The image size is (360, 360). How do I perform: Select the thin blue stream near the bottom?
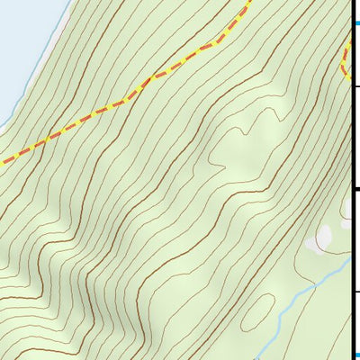297,297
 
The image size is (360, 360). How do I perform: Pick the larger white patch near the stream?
321,238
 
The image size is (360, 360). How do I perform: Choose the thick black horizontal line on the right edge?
355,188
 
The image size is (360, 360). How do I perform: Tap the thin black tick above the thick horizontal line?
355,86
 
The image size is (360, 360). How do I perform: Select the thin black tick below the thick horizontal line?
355,291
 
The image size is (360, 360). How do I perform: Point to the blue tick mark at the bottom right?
355,354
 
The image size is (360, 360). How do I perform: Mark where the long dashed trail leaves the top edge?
247,2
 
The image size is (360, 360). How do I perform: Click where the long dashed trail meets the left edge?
2,163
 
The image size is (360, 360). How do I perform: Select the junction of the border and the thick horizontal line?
351,188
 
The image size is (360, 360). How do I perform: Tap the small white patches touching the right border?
346,208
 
